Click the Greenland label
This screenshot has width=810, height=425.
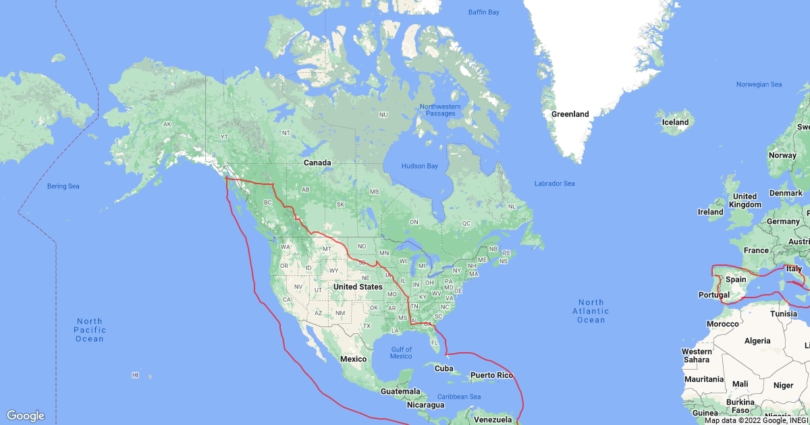pos(570,114)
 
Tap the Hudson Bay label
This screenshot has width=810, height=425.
pos(419,166)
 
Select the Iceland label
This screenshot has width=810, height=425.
pos(675,122)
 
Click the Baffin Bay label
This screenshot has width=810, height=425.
pos(483,12)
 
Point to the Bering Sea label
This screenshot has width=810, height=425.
pos(63,186)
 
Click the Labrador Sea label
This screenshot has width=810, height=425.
pos(554,183)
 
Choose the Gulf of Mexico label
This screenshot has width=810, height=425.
pos(401,353)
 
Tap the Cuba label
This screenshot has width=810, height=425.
pos(443,368)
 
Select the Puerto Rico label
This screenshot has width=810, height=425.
pos(492,375)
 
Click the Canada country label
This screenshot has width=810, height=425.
pos(317,163)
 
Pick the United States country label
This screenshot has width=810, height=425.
pos(358,287)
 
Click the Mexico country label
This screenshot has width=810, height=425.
pos(353,359)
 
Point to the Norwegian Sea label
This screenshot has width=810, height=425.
pos(759,84)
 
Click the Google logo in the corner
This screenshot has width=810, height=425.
pos(26,416)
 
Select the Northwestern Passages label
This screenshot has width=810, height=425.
pos(440,110)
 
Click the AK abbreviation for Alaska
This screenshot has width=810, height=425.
pos(167,124)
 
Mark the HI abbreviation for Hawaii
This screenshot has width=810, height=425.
pos(135,375)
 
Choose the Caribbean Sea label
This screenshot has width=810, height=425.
pos(459,396)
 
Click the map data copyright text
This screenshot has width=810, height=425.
pos(756,420)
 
